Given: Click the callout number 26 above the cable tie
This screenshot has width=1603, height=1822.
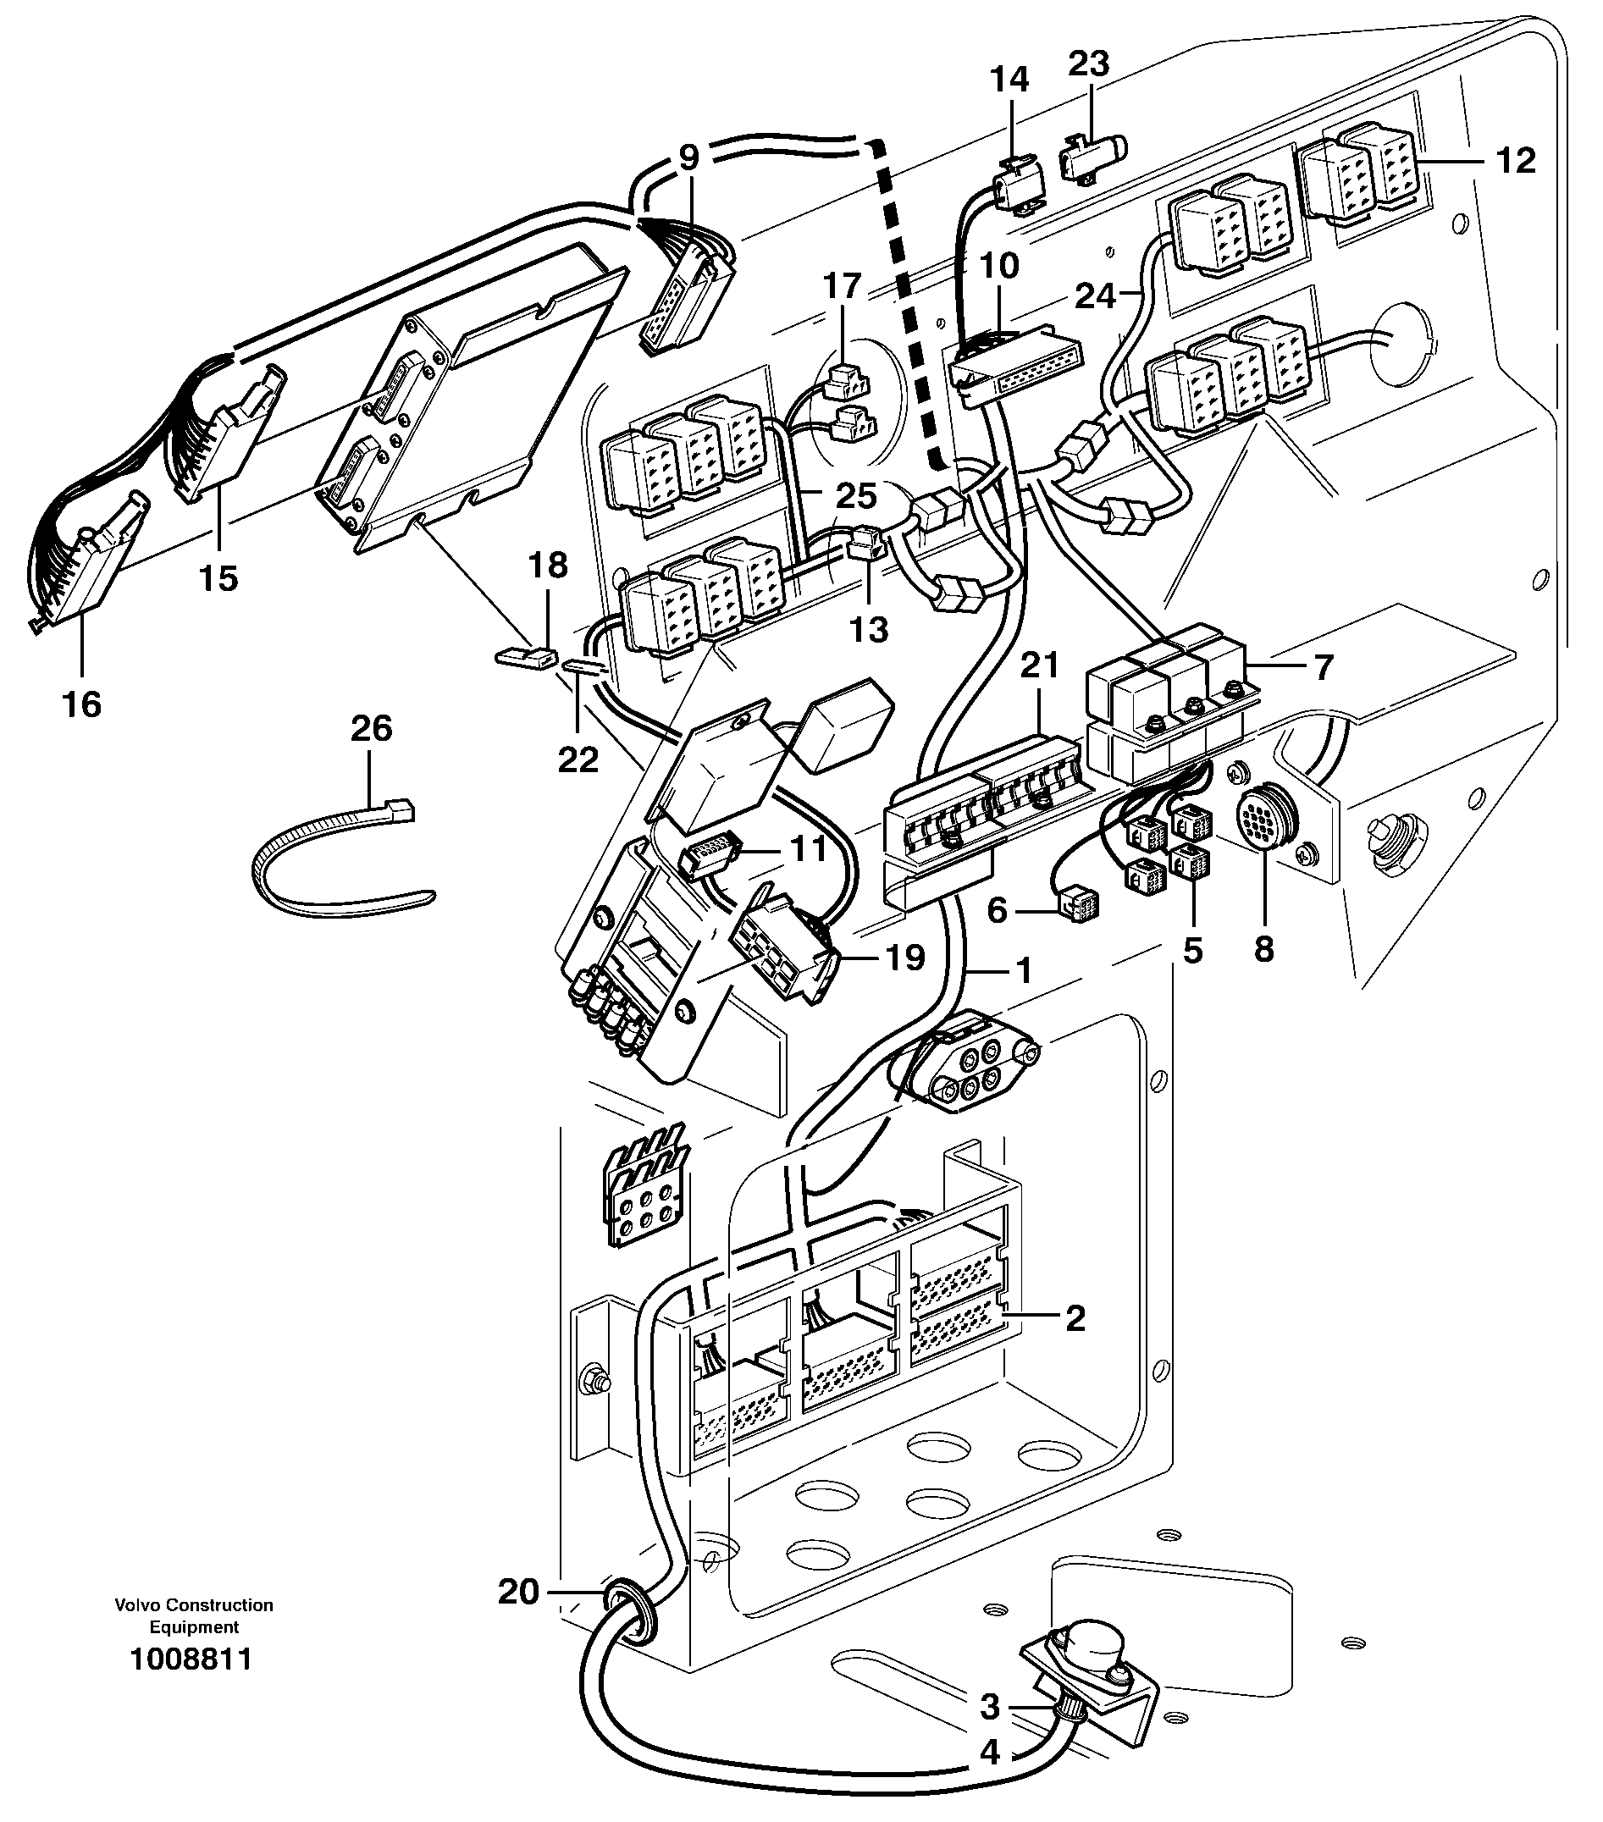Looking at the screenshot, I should (371, 729).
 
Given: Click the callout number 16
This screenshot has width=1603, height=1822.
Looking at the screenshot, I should (81, 704).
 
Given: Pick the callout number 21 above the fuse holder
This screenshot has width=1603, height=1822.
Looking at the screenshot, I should (1039, 665).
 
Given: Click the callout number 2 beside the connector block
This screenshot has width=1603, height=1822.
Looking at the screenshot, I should (1075, 1317).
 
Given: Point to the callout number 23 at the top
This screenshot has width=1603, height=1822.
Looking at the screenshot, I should (1089, 63).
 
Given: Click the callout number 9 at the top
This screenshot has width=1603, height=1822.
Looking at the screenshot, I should (688, 157).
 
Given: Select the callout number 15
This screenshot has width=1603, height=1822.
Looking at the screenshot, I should (218, 577).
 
